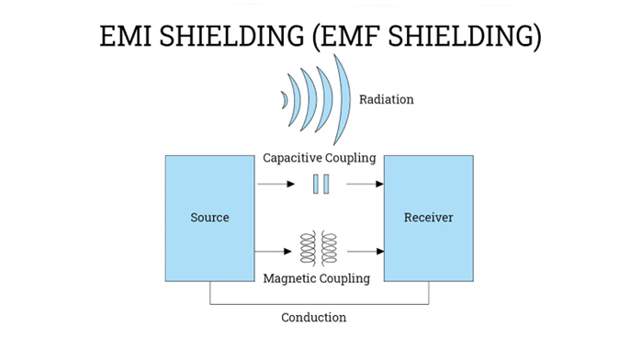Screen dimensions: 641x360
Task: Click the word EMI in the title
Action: [126, 36]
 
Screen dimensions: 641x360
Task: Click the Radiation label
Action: [387, 99]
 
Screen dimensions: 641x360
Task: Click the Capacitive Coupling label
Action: [320, 158]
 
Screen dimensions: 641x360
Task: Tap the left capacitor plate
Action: [316, 184]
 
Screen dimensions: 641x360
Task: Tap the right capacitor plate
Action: [326, 184]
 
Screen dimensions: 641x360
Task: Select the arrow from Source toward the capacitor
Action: [276, 184]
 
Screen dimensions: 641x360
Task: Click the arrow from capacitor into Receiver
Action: [365, 184]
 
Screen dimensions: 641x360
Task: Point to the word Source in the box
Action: [209, 218]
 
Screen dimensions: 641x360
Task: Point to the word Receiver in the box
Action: [429, 218]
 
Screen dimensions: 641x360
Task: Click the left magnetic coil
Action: [309, 249]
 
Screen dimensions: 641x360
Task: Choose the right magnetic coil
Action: [329, 249]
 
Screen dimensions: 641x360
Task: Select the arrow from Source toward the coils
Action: [273, 251]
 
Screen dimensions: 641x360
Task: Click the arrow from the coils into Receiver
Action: [365, 251]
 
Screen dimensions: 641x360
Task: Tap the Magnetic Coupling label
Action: [317, 278]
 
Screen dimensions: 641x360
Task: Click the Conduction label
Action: [313, 318]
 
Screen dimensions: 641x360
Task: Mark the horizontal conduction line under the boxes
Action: [320, 304]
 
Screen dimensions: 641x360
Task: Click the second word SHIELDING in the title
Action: [465, 36]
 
